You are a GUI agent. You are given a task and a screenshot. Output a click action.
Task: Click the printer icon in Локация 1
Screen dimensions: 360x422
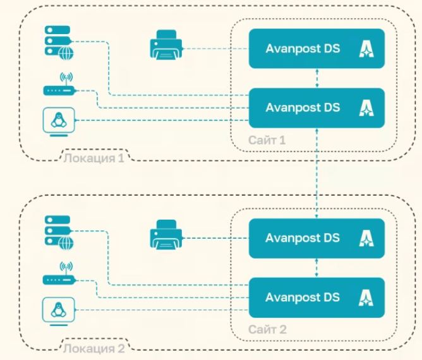166,48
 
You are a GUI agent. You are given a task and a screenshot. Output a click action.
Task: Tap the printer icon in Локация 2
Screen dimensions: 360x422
166,237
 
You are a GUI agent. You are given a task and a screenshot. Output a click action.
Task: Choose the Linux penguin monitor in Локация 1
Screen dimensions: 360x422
59,121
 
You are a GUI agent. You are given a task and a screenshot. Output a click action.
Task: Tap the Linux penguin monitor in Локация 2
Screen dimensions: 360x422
59,310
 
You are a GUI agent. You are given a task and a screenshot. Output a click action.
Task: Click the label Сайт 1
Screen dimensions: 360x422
267,140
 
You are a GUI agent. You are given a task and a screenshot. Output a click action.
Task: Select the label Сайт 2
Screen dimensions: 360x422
267,329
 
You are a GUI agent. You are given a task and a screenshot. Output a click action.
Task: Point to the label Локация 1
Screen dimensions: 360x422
93,157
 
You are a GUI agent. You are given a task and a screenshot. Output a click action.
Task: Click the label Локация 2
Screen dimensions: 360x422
93,347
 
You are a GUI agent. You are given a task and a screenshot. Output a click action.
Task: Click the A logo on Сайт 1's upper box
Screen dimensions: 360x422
366,49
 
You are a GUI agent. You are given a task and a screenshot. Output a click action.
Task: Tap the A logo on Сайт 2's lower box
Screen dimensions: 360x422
366,297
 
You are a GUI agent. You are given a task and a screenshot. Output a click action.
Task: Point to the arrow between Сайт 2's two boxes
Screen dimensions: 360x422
316,268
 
